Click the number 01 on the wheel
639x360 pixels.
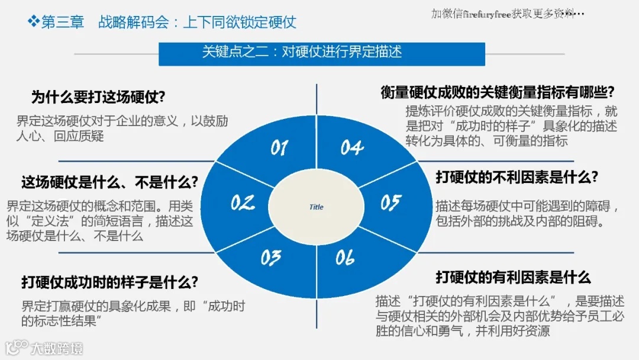pyautogui.click(x=279, y=147)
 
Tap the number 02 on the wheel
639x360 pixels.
pyautogui.click(x=243, y=203)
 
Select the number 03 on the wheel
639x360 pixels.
pyautogui.click(x=270, y=258)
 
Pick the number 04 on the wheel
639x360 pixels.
pyautogui.click(x=352, y=147)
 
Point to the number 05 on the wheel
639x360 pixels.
pyautogui.click(x=390, y=203)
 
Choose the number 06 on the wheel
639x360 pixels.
pyautogui.click(x=345, y=258)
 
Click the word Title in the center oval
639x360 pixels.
pyautogui.click(x=317, y=207)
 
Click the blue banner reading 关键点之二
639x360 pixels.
pyautogui.click(x=322, y=52)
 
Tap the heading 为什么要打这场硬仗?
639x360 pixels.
pyautogui.click(x=98, y=97)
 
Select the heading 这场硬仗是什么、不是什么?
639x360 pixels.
pyautogui.click(x=109, y=182)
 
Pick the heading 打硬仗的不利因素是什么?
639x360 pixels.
pyautogui.click(x=517, y=176)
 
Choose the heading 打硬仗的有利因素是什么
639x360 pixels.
pyautogui.click(x=513, y=277)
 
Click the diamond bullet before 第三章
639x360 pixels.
pyautogui.click(x=33, y=22)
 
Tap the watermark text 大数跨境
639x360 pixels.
pyautogui.click(x=57, y=348)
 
